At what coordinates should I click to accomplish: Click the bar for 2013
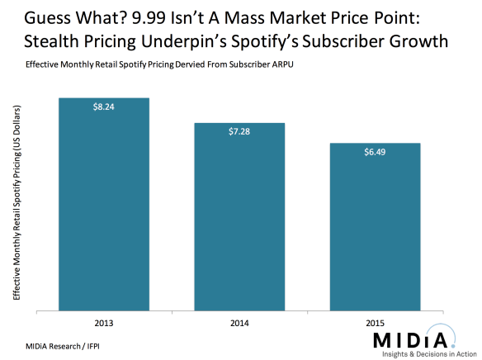[x=103, y=206]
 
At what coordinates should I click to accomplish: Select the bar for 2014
[x=239, y=218]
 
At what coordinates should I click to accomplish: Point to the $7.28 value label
[x=239, y=131]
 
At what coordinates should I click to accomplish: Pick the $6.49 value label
[x=375, y=152]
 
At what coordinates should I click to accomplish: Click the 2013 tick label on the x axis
[x=103, y=323]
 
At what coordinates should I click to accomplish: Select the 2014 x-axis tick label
[x=239, y=323]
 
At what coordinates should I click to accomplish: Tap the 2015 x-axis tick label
[x=375, y=323]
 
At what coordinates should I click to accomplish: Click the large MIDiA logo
[x=413, y=339]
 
